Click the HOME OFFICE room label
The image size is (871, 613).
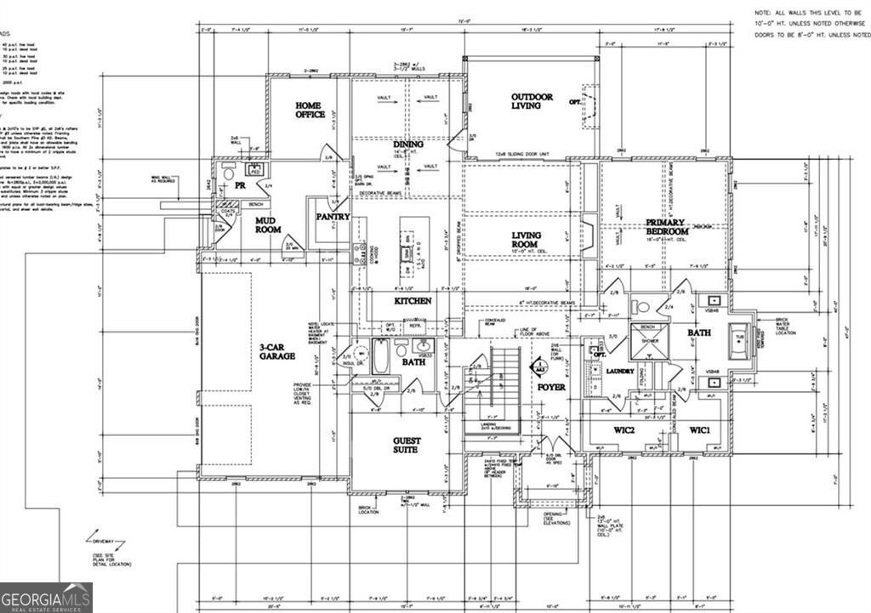point(310,110)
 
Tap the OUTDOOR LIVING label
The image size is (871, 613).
point(532,100)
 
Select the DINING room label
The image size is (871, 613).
point(408,145)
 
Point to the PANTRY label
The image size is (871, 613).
point(333,217)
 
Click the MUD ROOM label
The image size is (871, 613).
point(269,224)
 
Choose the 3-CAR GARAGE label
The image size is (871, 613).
point(277,351)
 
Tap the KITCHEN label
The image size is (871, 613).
point(413,301)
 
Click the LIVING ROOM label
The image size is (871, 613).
point(527,240)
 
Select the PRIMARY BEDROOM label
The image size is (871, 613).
point(665,226)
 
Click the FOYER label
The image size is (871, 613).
point(551,387)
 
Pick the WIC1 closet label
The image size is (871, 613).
point(705,430)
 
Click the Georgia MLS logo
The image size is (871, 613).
point(46,597)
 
